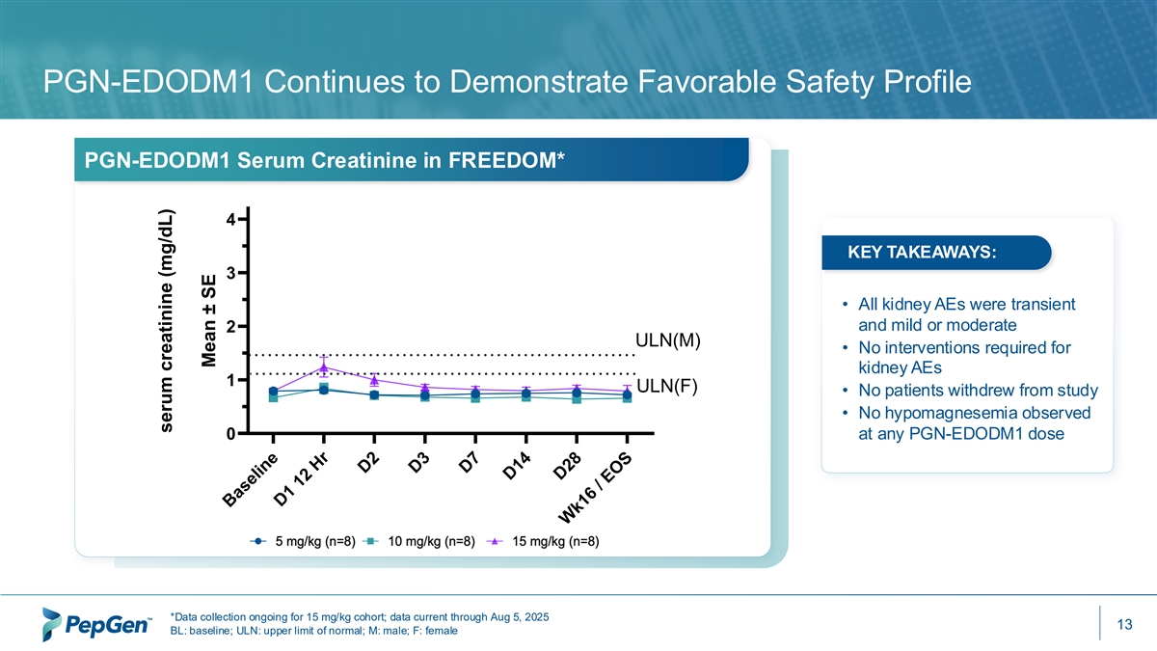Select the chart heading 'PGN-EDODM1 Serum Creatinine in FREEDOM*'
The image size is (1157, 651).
coord(324,160)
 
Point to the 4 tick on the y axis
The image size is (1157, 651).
coord(230,220)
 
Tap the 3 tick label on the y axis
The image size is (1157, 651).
coord(230,274)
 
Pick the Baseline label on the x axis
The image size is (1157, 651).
coord(252,478)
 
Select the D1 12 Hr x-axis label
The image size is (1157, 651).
coord(302,480)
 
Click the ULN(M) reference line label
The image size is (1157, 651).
coord(666,339)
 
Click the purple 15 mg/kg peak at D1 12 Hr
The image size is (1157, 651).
coord(324,366)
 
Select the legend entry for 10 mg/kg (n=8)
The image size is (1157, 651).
coord(421,540)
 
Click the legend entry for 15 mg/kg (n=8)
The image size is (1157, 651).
coord(545,540)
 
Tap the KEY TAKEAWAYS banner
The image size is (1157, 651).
coord(921,253)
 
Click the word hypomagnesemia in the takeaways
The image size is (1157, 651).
coord(934,413)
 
